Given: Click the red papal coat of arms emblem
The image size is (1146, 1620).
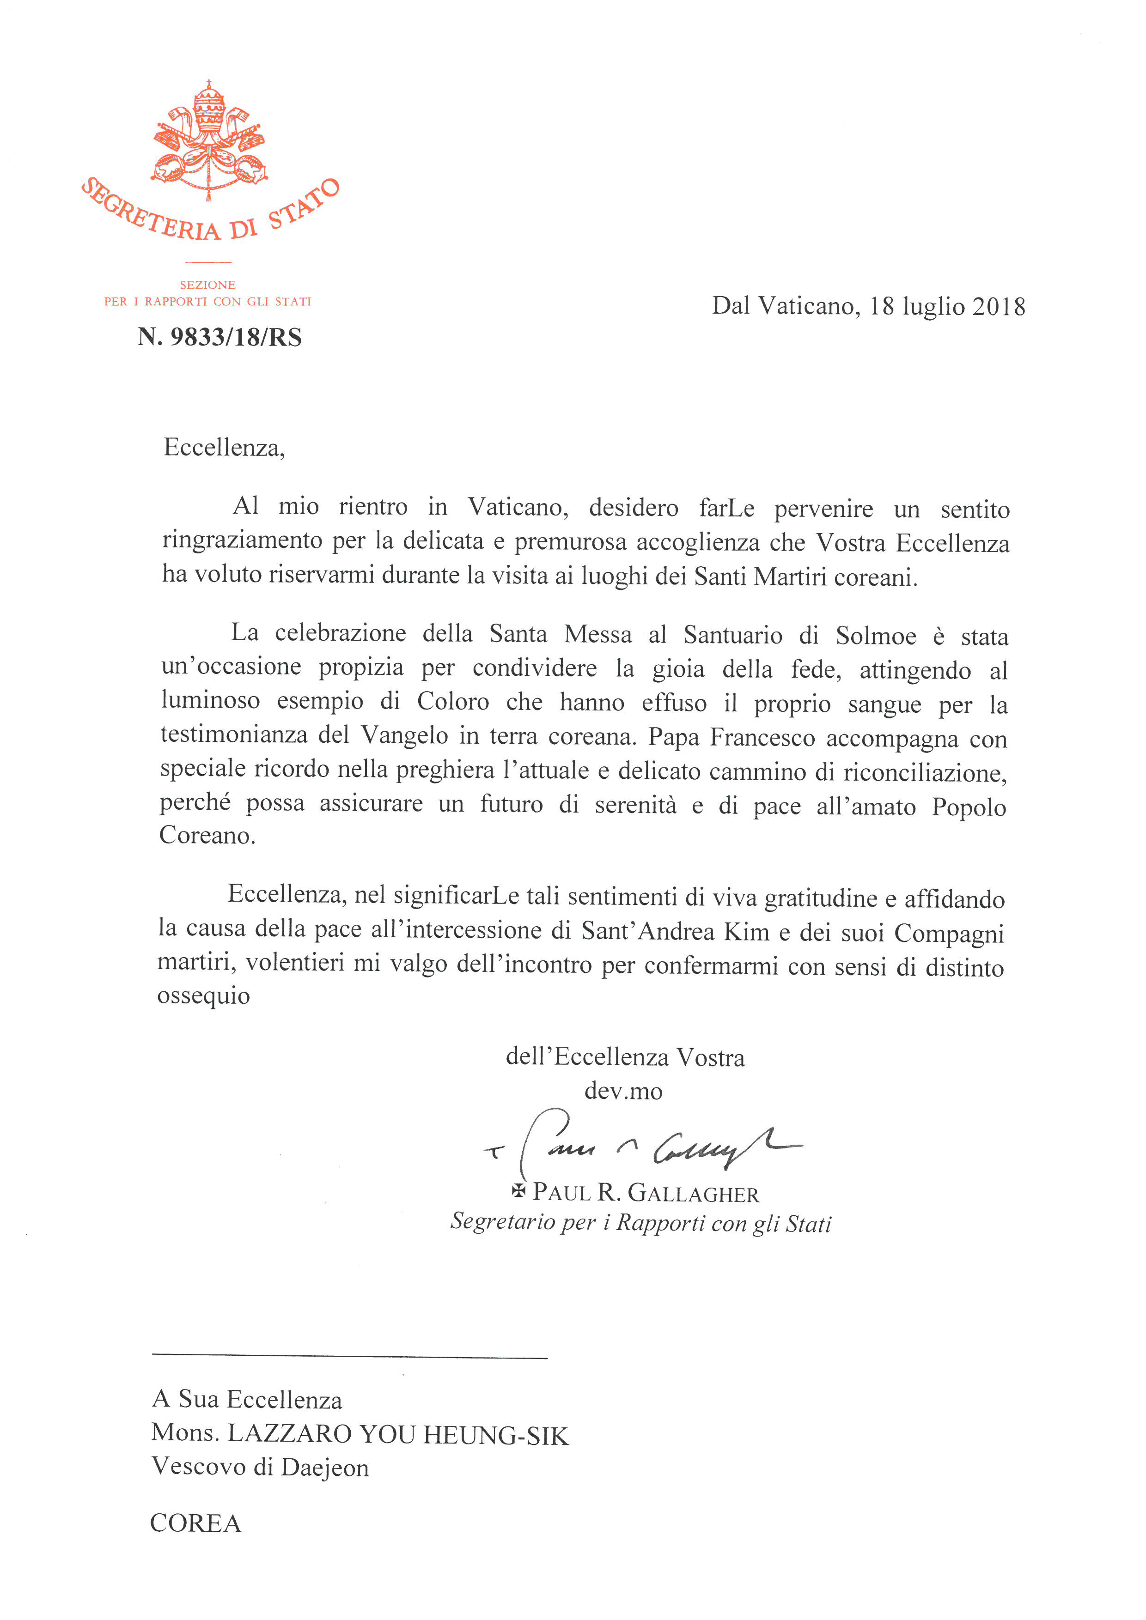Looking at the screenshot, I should coord(209,141).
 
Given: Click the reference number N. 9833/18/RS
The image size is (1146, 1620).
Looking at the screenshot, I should coord(219,337).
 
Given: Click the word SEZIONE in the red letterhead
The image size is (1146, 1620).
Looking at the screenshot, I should coord(207,285).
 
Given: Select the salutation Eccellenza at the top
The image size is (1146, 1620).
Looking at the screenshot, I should coord(223,447).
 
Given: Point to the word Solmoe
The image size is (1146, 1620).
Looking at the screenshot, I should coord(876,636).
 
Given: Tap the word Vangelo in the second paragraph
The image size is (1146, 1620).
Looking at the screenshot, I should coord(404,735).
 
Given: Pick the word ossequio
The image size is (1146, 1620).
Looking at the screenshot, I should coord(203,995).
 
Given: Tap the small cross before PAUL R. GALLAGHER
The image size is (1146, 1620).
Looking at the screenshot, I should coord(518,1191).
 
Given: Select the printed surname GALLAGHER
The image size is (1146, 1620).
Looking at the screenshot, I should coord(693,1193).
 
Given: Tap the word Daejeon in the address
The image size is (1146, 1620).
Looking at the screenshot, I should coord(324,1468).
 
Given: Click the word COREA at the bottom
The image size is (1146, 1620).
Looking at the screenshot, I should coord(195,1523).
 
